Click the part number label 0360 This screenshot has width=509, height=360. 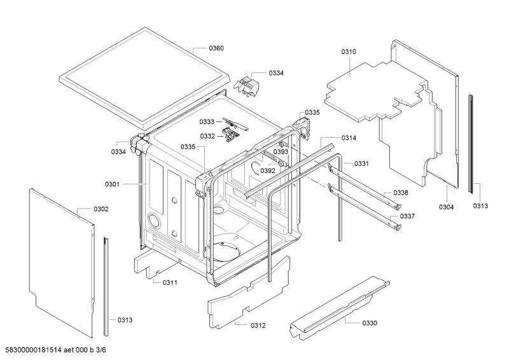click(x=216, y=48)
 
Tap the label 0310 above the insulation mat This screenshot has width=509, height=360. click(x=349, y=52)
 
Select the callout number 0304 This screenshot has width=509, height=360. click(x=447, y=207)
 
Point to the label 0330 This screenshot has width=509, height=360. click(x=370, y=323)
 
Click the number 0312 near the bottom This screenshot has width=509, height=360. click(x=258, y=325)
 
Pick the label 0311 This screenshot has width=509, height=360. click(x=170, y=282)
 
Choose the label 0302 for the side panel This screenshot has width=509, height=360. click(x=101, y=209)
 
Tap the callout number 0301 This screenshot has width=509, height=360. click(x=112, y=184)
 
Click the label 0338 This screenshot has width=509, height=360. click(x=401, y=193)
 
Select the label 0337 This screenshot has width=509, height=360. click(x=407, y=216)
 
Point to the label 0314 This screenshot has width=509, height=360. click(x=349, y=138)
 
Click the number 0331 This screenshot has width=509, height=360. click(x=361, y=163)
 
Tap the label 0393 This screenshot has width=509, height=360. click(x=281, y=151)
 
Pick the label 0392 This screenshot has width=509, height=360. click(x=268, y=170)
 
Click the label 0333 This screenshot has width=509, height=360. click(x=207, y=121)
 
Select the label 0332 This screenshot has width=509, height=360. click(x=207, y=136)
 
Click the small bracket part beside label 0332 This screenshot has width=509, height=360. click(x=230, y=134)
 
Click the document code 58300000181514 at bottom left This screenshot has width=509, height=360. click(x=31, y=350)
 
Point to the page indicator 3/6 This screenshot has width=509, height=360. click(x=101, y=350)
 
